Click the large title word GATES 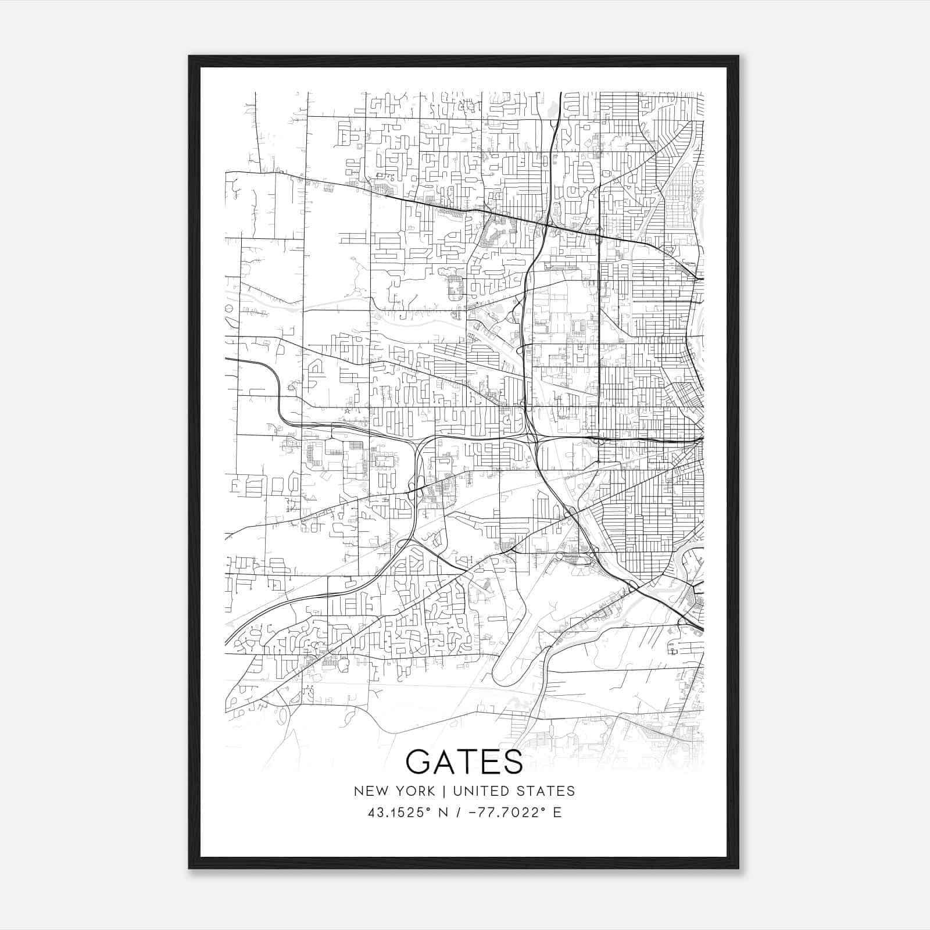coord(464,761)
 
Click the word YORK coord(413,791)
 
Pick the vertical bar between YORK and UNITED coord(444,791)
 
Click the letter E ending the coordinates coord(557,813)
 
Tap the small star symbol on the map coord(348,411)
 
